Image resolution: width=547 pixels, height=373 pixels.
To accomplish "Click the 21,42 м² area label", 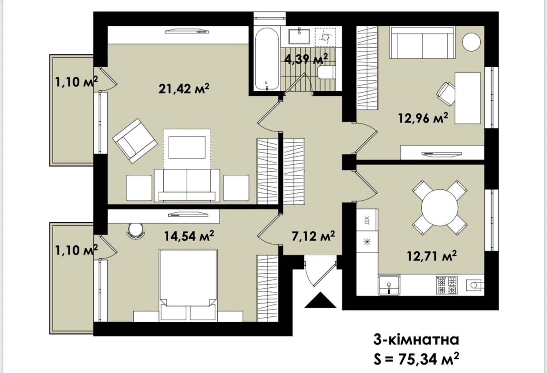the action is (x=184, y=88).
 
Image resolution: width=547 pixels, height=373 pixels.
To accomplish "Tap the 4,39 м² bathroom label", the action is (x=306, y=59).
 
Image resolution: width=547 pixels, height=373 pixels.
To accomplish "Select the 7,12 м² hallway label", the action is (x=313, y=236).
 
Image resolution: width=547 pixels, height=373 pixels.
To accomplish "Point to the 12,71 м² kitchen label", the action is (x=432, y=256).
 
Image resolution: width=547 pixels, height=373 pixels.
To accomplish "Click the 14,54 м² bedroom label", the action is (x=189, y=236).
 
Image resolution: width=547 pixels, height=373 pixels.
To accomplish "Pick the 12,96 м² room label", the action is (x=424, y=118).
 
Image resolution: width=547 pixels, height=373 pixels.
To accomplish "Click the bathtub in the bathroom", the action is (x=267, y=59).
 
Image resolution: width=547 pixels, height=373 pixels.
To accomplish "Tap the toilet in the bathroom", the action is (x=326, y=72).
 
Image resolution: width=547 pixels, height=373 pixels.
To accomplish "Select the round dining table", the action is (x=440, y=208).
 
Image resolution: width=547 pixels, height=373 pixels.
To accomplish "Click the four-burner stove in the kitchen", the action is (x=447, y=285).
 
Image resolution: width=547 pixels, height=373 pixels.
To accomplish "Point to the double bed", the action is (x=188, y=285).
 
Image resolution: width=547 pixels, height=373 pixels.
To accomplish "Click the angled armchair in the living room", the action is (x=135, y=141).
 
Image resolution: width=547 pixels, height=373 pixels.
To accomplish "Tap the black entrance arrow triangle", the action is (x=320, y=300).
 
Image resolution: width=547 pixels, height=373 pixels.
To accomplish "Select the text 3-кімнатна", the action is (x=416, y=340).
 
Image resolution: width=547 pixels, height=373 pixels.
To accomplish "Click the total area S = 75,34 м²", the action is (x=416, y=359).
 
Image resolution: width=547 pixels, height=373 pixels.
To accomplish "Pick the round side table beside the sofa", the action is (x=471, y=42).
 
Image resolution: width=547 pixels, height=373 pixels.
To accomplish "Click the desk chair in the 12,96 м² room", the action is (x=446, y=94).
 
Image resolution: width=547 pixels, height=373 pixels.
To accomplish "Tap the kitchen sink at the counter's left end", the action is (x=389, y=285).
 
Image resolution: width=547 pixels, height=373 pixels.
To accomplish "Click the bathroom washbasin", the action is (x=299, y=36).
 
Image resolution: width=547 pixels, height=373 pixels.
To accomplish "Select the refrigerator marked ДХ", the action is (x=367, y=220).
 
